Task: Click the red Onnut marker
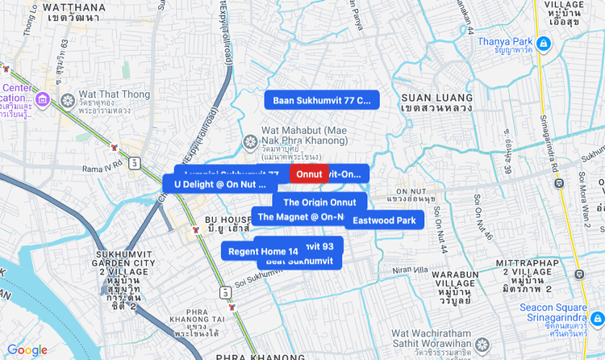pos(309,174)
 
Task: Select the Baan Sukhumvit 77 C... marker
pos(321,100)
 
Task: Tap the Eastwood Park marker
pos(384,220)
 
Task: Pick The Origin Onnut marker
pos(319,202)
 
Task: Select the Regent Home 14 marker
pos(252,251)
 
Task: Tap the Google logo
pos(27,350)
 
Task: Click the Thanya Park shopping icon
pos(546,43)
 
